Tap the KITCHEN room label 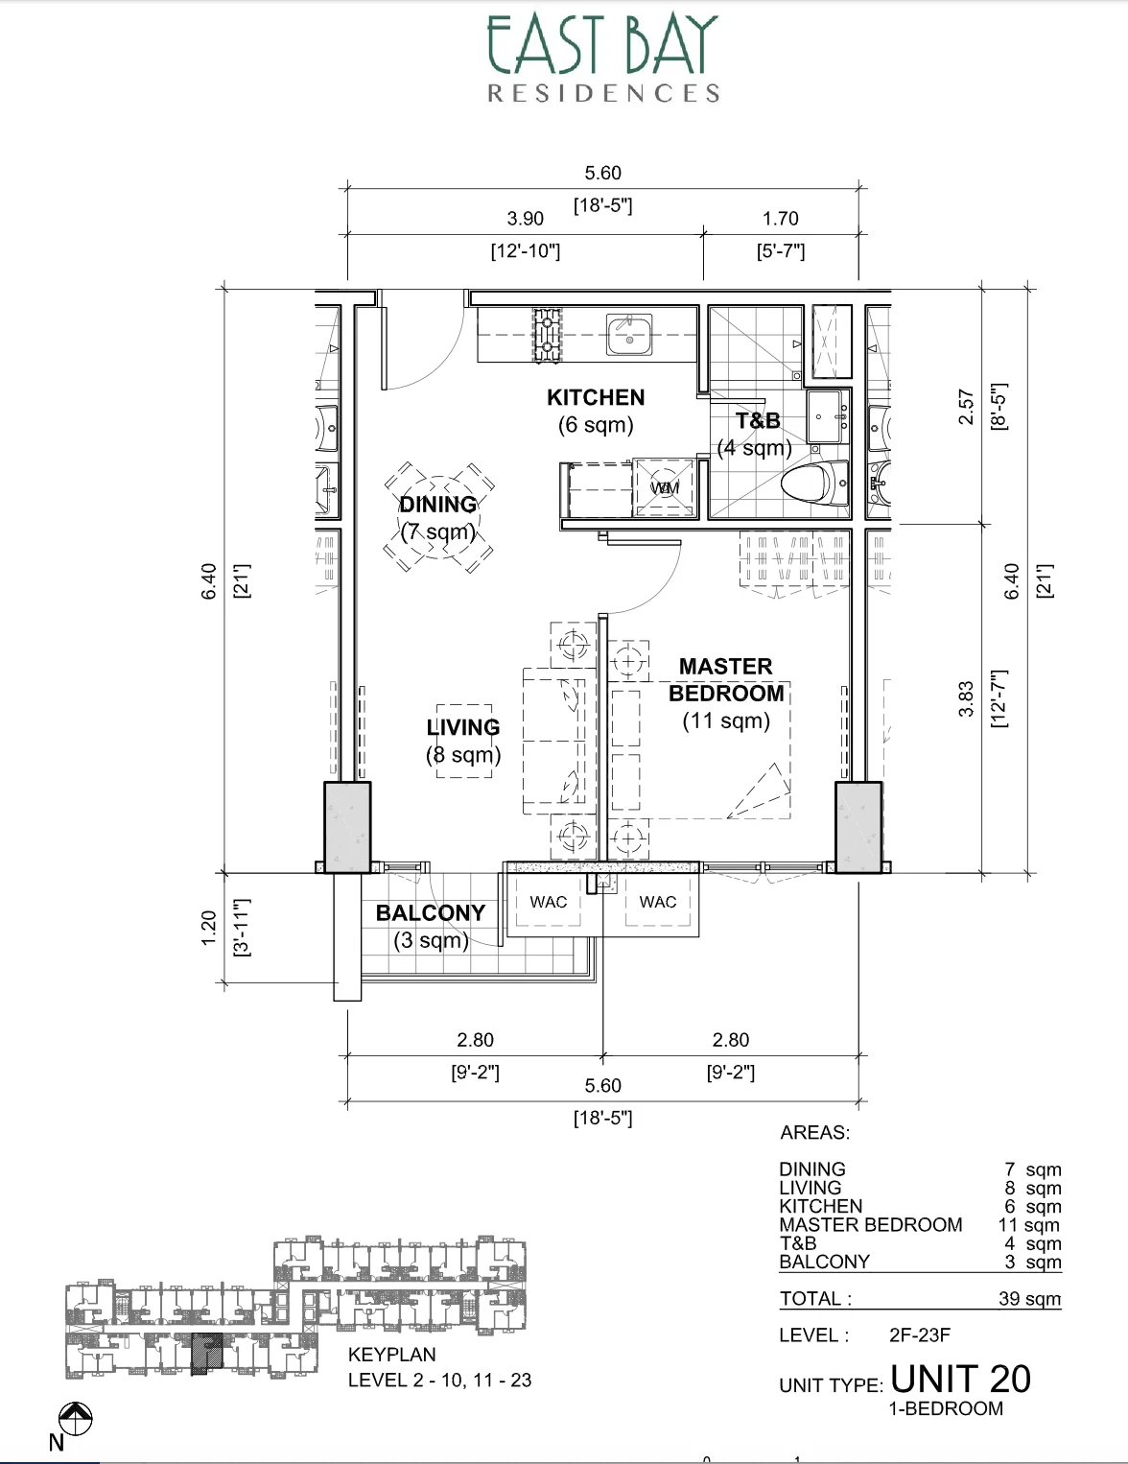[x=596, y=397]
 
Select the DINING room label [x=437, y=505]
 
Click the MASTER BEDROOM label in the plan [x=726, y=679]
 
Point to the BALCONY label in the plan [x=430, y=913]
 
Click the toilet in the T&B [x=815, y=483]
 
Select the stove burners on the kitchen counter [x=547, y=334]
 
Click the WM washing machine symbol [x=665, y=487]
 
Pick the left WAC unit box [x=548, y=902]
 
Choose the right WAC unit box [x=657, y=902]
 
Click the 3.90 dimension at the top [x=525, y=219]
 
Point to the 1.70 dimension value [x=780, y=219]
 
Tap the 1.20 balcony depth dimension [x=208, y=928]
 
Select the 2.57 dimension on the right [x=966, y=408]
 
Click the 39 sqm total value [x=1029, y=1299]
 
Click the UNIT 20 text [x=960, y=1379]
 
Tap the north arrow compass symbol [x=75, y=1418]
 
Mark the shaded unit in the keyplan [x=204, y=1353]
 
